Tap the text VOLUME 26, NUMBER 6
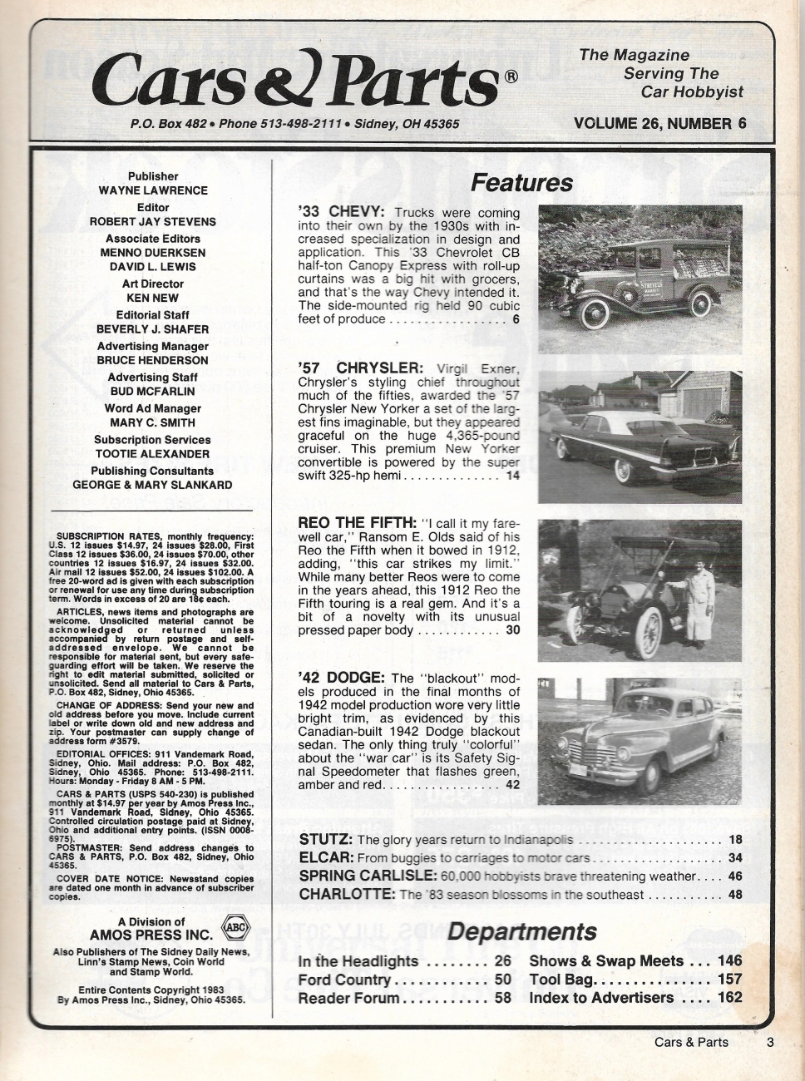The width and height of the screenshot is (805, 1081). pyautogui.click(x=659, y=124)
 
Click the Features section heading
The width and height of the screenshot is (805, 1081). pyautogui.click(x=521, y=183)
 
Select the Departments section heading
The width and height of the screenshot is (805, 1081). pyautogui.click(x=521, y=931)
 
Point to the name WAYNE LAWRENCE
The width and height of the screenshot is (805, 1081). pyautogui.click(x=153, y=190)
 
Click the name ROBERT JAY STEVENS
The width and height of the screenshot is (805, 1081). pyautogui.click(x=153, y=222)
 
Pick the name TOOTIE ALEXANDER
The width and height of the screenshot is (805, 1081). pyautogui.click(x=152, y=454)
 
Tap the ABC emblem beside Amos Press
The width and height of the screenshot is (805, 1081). pyautogui.click(x=236, y=929)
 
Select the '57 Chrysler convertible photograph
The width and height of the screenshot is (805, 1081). pyautogui.click(x=640, y=437)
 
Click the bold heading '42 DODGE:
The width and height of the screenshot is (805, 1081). pyautogui.click(x=341, y=678)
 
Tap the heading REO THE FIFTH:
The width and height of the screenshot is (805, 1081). pyautogui.click(x=357, y=523)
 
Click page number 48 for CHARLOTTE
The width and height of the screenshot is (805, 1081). pyautogui.click(x=734, y=895)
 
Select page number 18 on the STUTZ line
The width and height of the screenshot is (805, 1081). pyautogui.click(x=734, y=840)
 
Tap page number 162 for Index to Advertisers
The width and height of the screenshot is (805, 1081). pyautogui.click(x=729, y=998)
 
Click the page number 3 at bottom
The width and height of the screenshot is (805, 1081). pyautogui.click(x=770, y=1042)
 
